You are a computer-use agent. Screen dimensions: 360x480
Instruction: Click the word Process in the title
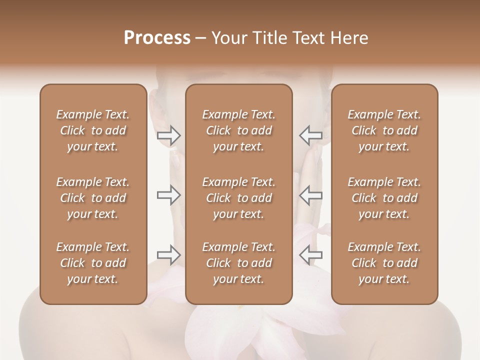[157, 38]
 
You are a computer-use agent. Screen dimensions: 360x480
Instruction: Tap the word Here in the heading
[348, 38]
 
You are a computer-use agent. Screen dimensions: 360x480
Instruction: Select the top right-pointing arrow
[168, 135]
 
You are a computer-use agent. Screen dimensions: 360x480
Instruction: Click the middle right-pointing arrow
[168, 195]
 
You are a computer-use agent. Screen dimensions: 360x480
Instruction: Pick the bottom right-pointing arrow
[168, 255]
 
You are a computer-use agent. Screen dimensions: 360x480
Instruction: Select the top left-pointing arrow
[310, 135]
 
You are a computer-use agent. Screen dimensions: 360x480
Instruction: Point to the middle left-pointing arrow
[310, 195]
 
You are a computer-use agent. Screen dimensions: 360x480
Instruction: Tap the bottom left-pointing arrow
[310, 255]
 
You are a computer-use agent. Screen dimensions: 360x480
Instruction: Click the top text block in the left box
[93, 130]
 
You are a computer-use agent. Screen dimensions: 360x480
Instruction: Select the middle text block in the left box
[93, 198]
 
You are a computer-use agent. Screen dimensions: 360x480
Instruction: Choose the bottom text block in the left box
[93, 263]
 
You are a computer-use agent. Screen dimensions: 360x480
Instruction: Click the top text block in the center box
[239, 130]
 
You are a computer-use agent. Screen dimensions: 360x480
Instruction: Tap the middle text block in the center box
[239, 198]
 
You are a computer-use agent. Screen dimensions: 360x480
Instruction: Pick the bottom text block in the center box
[239, 263]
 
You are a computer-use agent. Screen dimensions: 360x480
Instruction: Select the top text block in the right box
[384, 130]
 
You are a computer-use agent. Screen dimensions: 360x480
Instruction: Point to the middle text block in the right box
[384, 198]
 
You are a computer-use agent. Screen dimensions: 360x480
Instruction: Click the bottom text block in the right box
[384, 263]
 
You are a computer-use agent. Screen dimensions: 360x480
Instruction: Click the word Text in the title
[305, 38]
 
